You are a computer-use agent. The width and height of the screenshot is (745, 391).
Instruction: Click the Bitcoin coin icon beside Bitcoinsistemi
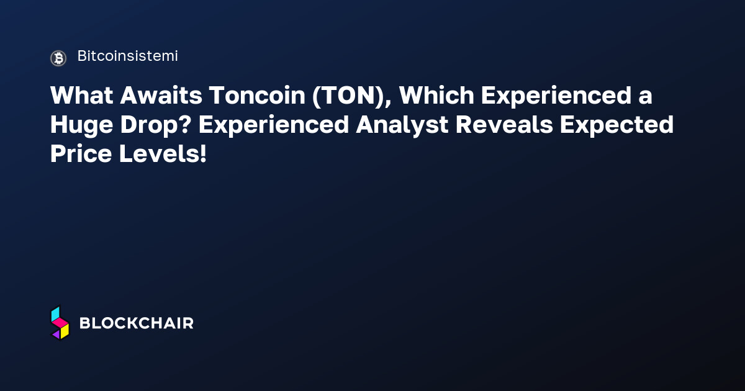(58, 58)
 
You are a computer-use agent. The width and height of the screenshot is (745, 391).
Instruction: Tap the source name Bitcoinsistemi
(128, 56)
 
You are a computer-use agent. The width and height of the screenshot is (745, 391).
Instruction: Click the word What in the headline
(82, 96)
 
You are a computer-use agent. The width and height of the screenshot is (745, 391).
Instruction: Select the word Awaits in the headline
(161, 96)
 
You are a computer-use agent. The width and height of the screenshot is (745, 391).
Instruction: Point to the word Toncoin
(258, 96)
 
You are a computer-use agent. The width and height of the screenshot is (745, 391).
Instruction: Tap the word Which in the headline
(436, 96)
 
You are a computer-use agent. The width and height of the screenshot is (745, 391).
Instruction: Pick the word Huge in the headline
(82, 125)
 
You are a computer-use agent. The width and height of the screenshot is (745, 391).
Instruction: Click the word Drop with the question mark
(156, 125)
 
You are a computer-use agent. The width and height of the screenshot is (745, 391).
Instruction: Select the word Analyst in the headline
(402, 125)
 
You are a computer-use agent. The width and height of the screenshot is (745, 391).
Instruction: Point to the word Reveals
(504, 125)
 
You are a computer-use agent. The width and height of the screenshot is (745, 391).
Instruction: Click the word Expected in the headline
(616, 125)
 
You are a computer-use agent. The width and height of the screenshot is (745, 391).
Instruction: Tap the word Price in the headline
(81, 154)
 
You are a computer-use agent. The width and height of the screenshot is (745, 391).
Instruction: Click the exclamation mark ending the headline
(203, 154)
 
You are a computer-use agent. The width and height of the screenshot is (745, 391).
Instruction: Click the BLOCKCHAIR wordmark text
(137, 323)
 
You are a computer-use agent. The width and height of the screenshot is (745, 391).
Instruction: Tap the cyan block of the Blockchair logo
(55, 314)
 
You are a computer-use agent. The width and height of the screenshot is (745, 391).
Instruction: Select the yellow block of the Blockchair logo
(65, 331)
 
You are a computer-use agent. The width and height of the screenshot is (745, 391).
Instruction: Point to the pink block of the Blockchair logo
(60, 322)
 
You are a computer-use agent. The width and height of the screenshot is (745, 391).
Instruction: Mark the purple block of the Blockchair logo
(56, 335)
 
